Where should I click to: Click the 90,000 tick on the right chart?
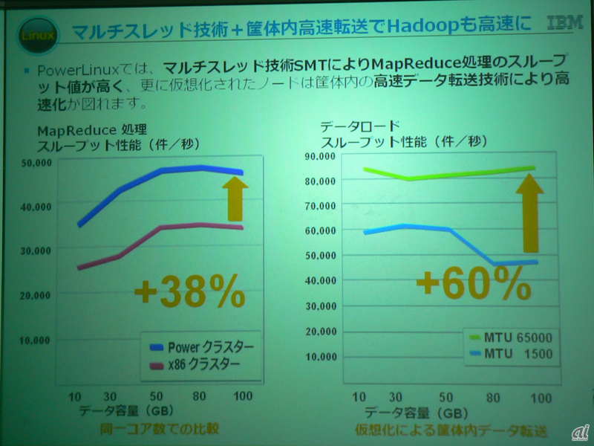(x=322, y=156)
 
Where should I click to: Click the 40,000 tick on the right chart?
(x=322, y=279)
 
